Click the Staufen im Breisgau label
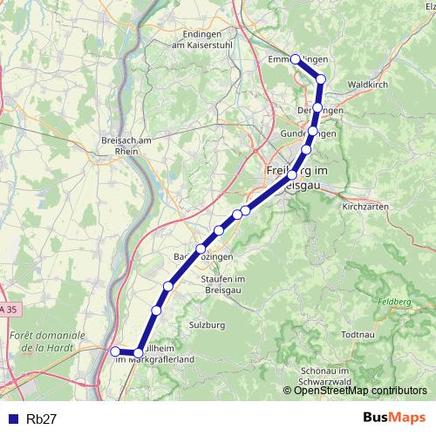pos(221,283)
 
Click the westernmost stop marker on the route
pos(115,351)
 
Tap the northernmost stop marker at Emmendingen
pos(296,59)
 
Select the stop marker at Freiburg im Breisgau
pos(291,175)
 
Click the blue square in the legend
pos(10,419)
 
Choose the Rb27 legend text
pos(42,419)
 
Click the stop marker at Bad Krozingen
pos(201,249)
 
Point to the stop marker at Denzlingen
pos(317,109)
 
